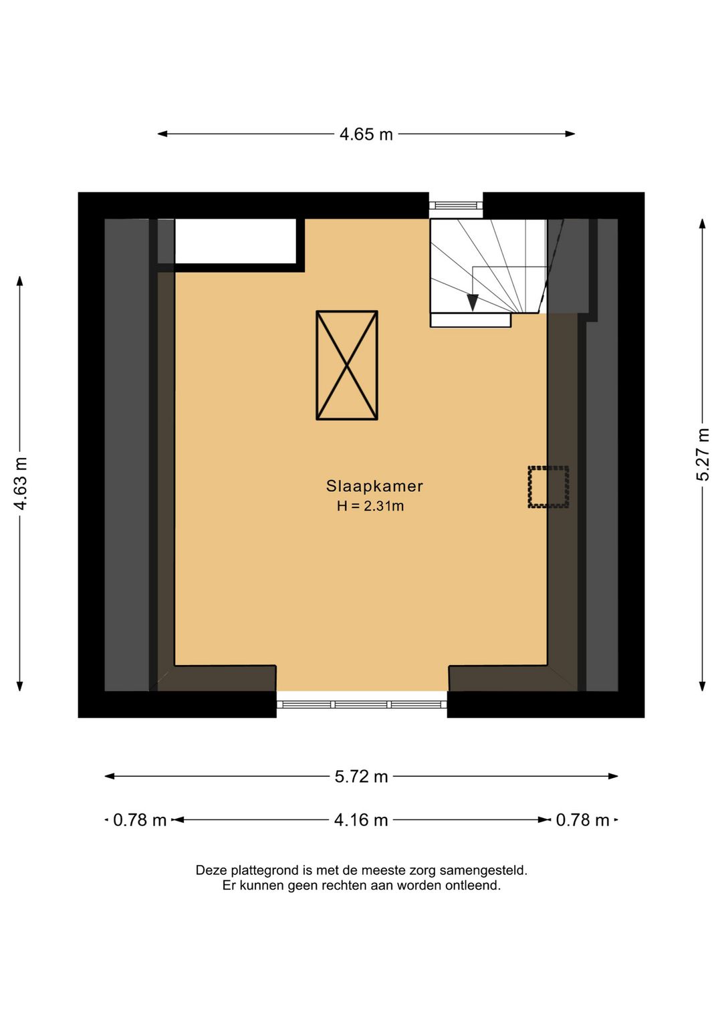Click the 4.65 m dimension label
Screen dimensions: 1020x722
[x=366, y=134]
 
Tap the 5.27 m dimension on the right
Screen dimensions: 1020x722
[x=703, y=455]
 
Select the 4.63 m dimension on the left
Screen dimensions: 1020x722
[x=21, y=483]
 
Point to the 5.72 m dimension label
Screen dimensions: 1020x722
[x=361, y=777]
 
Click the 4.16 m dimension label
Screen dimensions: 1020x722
[x=361, y=820]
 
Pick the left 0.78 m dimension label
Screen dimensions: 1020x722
[x=140, y=820]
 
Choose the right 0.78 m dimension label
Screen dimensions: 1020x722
[x=582, y=820]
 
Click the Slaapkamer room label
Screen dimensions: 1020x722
[x=374, y=486]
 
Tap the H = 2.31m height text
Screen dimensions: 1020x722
[x=370, y=507]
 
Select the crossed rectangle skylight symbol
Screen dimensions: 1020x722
[x=347, y=366]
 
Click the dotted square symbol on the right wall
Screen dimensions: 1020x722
[x=548, y=487]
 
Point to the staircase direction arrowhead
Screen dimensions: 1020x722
[x=473, y=302]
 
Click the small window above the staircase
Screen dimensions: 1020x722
[x=455, y=205]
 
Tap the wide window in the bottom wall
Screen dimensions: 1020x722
[x=362, y=705]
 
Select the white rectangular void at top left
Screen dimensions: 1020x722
[x=235, y=241]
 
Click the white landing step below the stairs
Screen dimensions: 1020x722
[x=471, y=320]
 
